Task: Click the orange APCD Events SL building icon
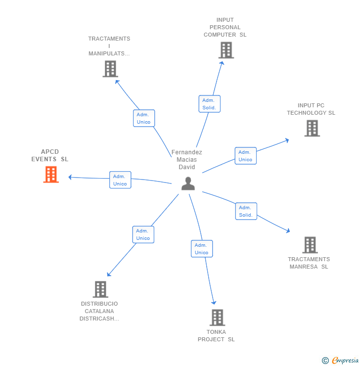pos(51,175)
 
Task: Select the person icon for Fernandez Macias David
pos(188,183)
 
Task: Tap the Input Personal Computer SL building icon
pos(226,50)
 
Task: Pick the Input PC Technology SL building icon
pos(312,128)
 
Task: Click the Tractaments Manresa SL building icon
pos(310,245)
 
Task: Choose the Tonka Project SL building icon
pos(217,318)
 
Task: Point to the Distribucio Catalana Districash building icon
pos(100,289)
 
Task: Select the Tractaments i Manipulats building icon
pos(110,69)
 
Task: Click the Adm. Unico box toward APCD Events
pos(120,180)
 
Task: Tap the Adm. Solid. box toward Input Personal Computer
pos(209,104)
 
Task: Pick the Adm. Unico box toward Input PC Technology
pos(245,156)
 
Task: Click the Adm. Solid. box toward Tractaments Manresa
pos(246,211)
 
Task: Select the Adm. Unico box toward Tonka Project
pos(202,249)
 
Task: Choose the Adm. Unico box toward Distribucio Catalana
pos(143,234)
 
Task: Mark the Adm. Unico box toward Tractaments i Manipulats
pos(144,118)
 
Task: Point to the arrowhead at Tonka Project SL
pos(214,302)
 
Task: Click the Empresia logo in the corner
pos(345,361)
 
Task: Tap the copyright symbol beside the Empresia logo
pos(325,361)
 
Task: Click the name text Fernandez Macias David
pos(187,159)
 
